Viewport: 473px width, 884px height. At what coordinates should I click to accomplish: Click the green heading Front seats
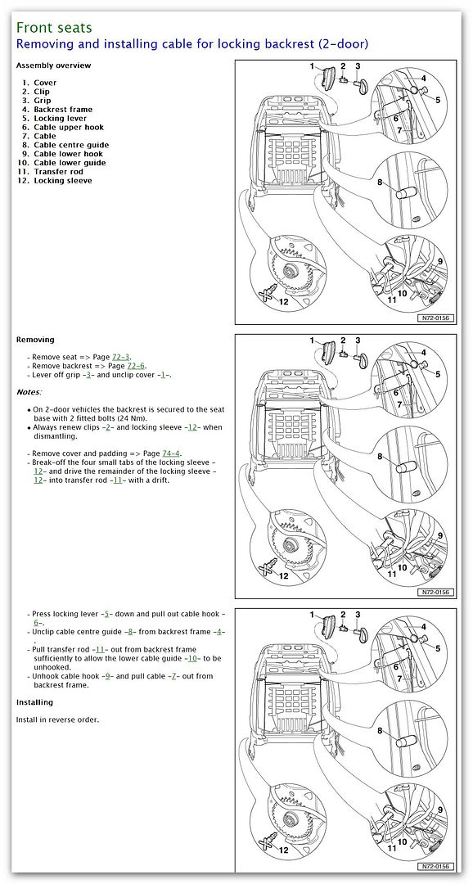click(53, 27)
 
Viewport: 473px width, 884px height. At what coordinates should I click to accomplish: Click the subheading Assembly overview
click(53, 65)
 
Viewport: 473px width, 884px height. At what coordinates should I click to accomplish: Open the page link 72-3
click(119, 357)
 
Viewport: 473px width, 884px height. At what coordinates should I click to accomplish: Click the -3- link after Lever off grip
click(88, 375)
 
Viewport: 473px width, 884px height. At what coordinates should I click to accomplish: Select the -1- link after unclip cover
click(163, 375)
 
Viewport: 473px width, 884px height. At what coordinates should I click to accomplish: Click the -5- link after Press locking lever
click(106, 613)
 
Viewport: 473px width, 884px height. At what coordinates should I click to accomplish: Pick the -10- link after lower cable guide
click(192, 658)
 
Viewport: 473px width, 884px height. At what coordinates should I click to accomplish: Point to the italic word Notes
click(28, 392)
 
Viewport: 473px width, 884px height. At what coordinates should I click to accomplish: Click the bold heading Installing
click(34, 702)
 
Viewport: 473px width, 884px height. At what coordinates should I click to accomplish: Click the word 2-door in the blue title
click(341, 44)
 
